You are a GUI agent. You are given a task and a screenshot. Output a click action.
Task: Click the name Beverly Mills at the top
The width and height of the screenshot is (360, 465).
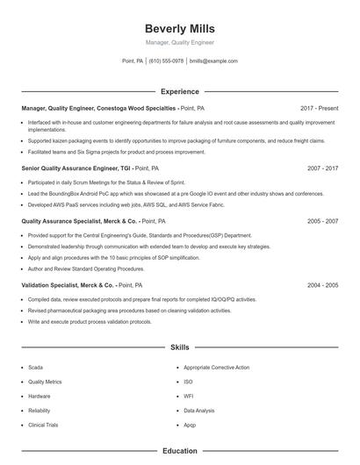click(179, 29)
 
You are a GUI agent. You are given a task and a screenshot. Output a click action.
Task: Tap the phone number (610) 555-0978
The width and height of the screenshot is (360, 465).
click(166, 61)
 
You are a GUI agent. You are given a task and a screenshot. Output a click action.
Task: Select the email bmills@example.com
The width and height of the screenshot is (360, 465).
click(214, 61)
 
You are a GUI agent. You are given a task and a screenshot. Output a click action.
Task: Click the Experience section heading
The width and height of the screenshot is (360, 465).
click(180, 91)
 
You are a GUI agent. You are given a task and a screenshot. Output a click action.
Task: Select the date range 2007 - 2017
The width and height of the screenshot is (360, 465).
click(323, 168)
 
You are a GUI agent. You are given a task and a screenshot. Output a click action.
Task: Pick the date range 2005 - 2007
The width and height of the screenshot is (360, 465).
click(323, 222)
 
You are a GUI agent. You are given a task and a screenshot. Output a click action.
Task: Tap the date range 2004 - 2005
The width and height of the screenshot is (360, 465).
click(323, 285)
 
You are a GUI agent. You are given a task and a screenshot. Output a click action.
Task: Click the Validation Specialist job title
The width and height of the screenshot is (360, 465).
click(68, 285)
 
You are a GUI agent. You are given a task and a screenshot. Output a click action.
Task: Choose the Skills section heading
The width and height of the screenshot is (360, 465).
click(180, 347)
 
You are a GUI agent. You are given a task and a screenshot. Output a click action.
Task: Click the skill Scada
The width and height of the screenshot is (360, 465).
click(35, 368)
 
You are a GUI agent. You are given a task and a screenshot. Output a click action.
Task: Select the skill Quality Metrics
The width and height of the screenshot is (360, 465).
click(45, 382)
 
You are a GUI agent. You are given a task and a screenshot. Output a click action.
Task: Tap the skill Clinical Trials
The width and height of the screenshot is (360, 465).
click(43, 425)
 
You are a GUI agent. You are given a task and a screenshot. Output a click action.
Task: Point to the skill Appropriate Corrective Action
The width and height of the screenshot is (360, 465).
click(216, 368)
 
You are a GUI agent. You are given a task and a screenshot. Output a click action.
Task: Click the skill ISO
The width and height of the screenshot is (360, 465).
click(188, 382)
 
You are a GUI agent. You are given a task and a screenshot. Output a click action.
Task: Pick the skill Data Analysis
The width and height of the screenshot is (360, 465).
click(198, 411)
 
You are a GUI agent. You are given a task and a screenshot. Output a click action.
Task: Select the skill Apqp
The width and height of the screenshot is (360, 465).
click(190, 425)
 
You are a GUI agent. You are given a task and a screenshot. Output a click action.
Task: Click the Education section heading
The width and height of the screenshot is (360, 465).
click(180, 451)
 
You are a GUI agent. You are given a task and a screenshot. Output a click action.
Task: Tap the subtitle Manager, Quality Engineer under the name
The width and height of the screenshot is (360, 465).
click(179, 42)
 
